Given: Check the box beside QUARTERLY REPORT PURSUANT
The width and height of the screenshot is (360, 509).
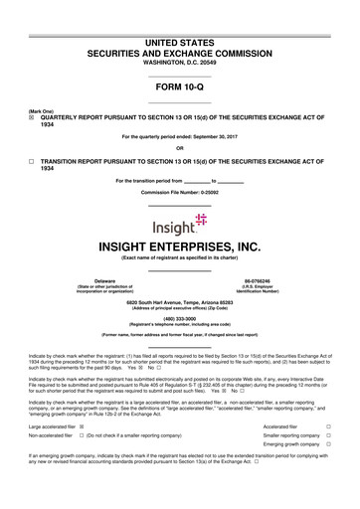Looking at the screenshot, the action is pos(32,115).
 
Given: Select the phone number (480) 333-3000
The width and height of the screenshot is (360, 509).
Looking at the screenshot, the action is pos(180,318).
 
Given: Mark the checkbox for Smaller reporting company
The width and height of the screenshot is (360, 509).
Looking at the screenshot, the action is pos(341,462).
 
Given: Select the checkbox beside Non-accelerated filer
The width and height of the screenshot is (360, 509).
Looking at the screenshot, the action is pos(81,463).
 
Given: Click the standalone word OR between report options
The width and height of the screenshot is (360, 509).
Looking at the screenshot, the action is pos(180,148).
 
